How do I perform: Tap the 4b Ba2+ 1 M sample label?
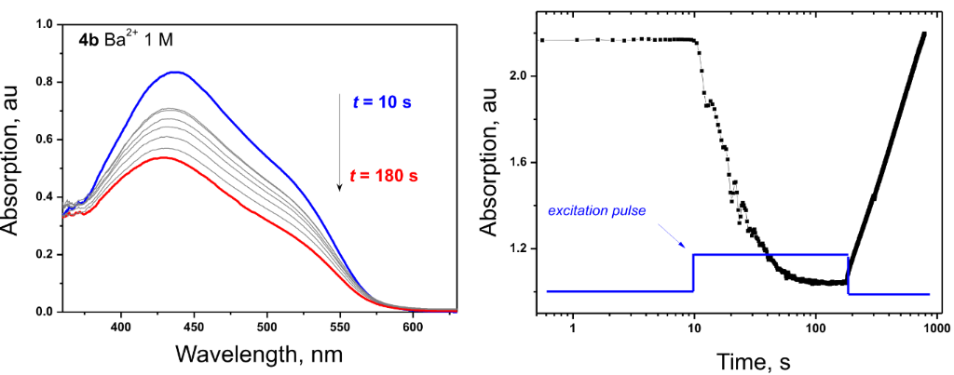pyautogui.click(x=126, y=41)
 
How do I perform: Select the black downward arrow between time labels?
pyautogui.click(x=340, y=140)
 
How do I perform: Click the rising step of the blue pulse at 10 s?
pyautogui.click(x=693, y=273)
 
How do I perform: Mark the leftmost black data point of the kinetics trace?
pyautogui.click(x=542, y=40)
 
